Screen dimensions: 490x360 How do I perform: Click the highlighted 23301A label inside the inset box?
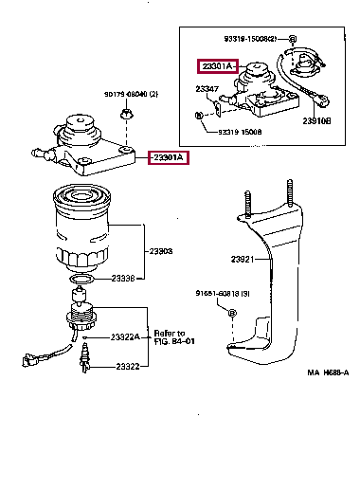217,66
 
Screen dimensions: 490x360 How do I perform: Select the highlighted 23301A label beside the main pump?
168,157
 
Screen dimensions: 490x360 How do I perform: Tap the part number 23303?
161,252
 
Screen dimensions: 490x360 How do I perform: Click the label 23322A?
124,336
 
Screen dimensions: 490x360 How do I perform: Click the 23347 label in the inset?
208,90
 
